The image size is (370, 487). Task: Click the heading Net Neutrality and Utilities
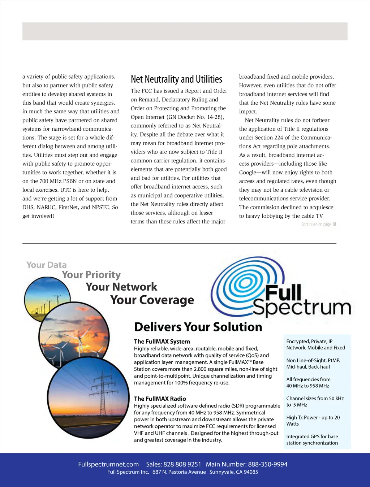[176, 79]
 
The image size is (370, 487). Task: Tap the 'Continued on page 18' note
[318, 224]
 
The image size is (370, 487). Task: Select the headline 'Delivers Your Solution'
[198, 327]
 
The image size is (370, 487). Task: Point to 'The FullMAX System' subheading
[162, 342]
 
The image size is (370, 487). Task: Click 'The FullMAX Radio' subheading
[160, 399]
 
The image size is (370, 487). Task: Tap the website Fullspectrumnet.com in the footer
[108, 464]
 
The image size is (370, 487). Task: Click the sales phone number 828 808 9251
[182, 464]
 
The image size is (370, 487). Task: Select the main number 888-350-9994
[268, 464]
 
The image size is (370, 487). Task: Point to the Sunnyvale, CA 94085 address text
[234, 472]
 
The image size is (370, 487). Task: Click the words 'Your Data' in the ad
[46, 265]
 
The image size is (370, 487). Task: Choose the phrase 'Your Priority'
[91, 275]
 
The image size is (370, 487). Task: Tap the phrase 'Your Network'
[121, 287]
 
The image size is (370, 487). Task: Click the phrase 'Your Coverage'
[152, 300]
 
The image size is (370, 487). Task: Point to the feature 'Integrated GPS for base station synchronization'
[312, 440]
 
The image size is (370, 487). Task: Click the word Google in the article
[249, 173]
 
